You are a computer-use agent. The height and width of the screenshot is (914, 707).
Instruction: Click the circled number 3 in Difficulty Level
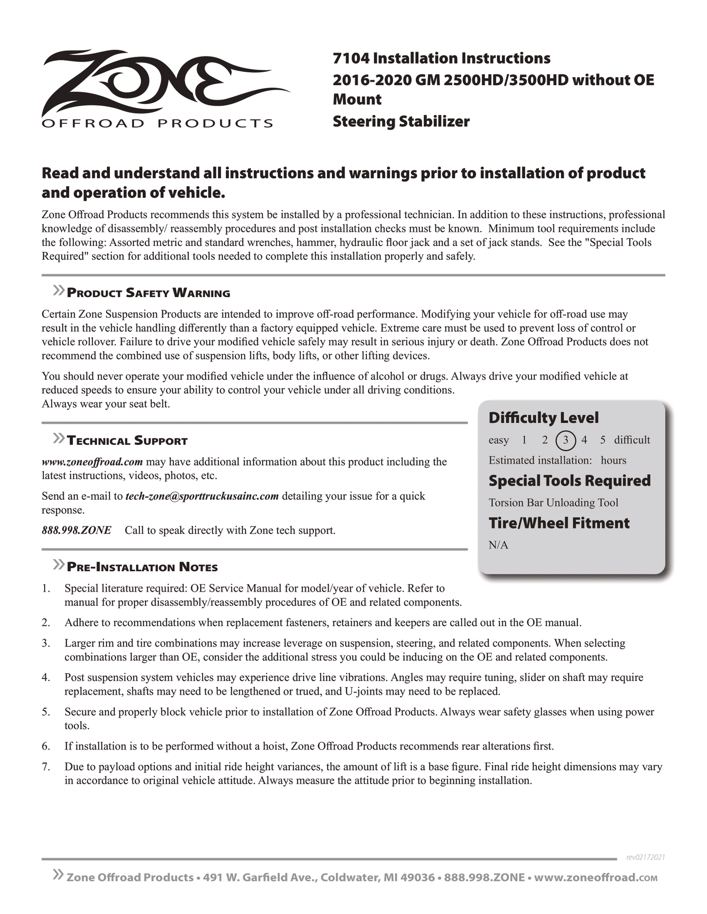[565, 440]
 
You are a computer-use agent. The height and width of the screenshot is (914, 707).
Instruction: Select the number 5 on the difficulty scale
[603, 440]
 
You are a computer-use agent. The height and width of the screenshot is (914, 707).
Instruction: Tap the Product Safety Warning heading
[148, 293]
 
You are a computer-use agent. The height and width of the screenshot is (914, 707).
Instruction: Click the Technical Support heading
[127, 441]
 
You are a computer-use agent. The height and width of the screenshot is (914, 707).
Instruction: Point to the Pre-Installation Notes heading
[142, 567]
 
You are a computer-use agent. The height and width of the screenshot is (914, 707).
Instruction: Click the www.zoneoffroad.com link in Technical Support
[92, 461]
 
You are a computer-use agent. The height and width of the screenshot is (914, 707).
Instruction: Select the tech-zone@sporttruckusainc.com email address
[202, 496]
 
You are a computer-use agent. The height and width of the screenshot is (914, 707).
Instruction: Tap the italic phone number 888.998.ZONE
[76, 530]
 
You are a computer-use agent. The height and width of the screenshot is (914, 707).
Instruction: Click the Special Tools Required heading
[569, 481]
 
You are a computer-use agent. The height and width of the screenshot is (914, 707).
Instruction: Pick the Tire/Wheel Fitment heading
[559, 523]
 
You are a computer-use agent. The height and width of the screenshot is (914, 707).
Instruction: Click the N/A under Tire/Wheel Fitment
[498, 545]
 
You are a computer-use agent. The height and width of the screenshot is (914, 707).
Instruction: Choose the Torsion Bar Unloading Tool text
[553, 503]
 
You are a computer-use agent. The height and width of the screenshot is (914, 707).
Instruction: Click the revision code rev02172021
[645, 857]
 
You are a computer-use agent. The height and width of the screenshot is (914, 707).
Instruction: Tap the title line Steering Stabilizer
[401, 121]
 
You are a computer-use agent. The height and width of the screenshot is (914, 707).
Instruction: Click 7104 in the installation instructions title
[351, 58]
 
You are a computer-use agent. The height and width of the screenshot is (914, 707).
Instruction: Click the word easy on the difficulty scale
[498, 440]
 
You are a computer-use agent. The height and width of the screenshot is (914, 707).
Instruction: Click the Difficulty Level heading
[544, 418]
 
